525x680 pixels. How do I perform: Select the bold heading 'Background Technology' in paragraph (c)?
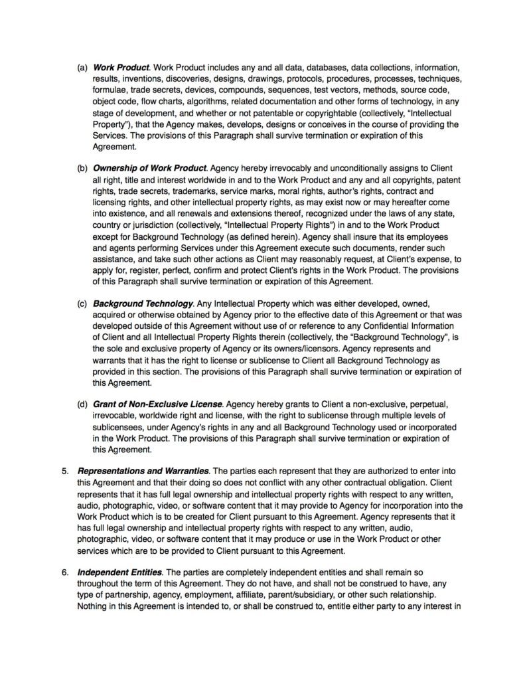(x=143, y=303)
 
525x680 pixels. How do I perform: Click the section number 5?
(x=65, y=471)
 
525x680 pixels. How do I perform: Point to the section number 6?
(x=65, y=572)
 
